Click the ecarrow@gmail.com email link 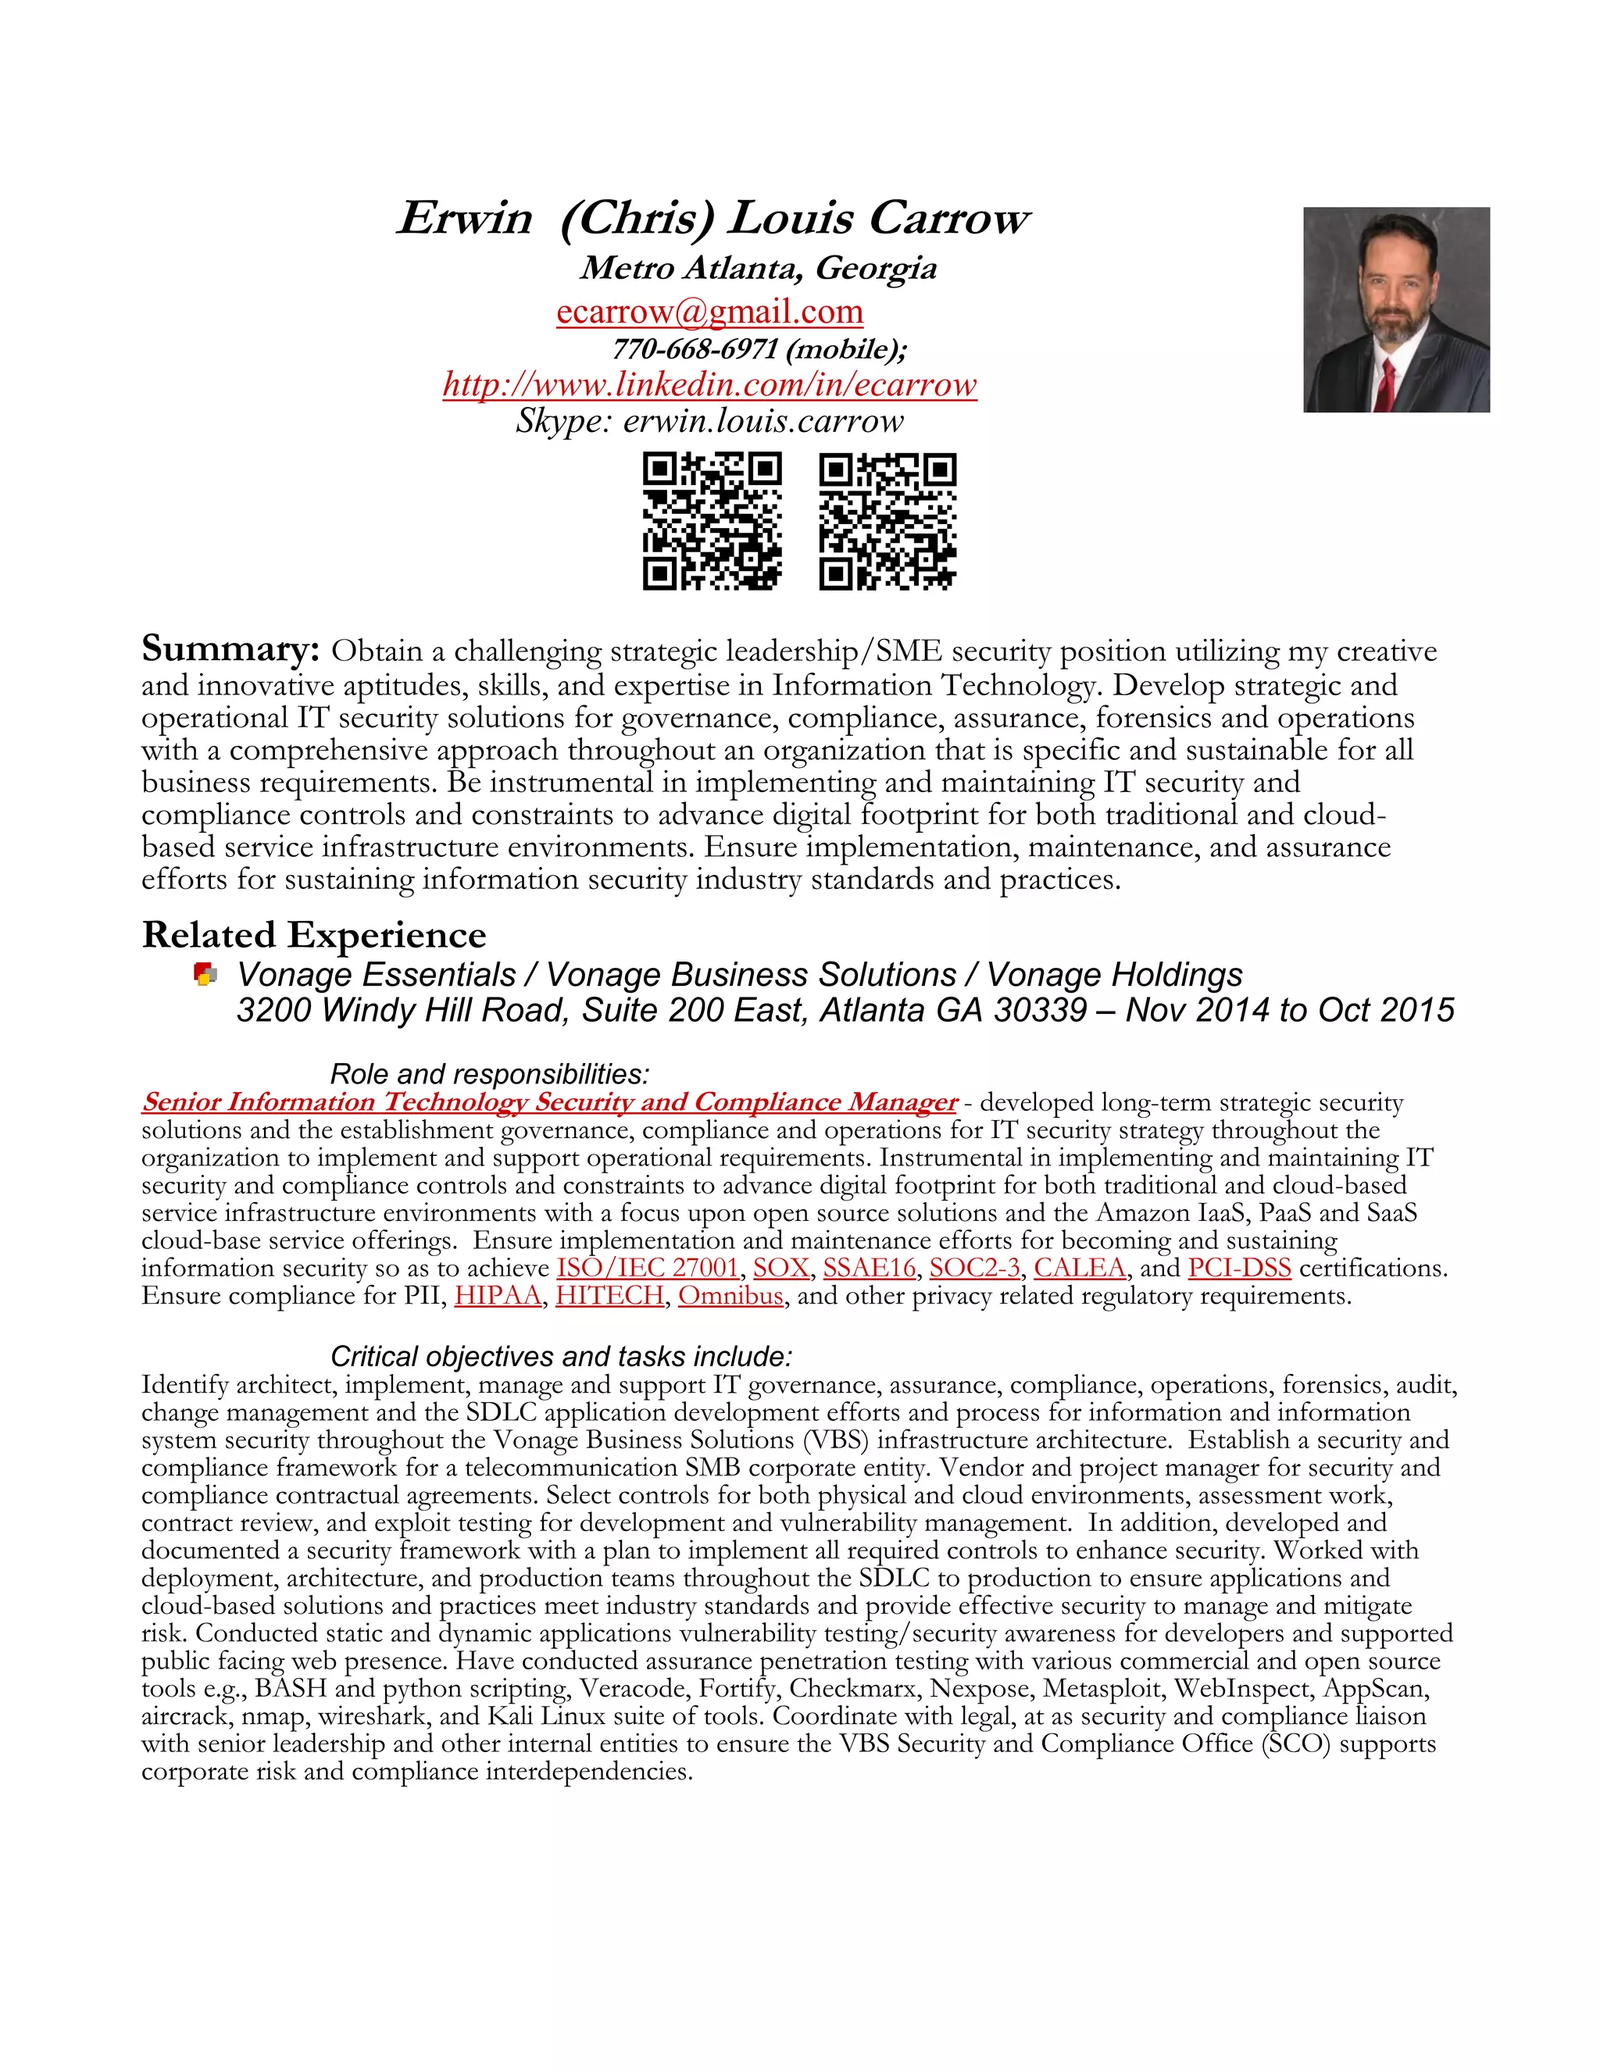click(709, 312)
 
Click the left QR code click(712, 521)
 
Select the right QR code click(887, 521)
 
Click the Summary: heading click(230, 649)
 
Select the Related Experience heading click(314, 934)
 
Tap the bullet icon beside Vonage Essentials click(205, 974)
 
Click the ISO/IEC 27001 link click(648, 1268)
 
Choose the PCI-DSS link click(1239, 1268)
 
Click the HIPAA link click(498, 1296)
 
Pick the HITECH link click(609, 1296)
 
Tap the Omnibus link click(730, 1296)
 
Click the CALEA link click(1079, 1268)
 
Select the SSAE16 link click(870, 1268)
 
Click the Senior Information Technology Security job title click(548, 1102)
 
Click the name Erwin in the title click(465, 218)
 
